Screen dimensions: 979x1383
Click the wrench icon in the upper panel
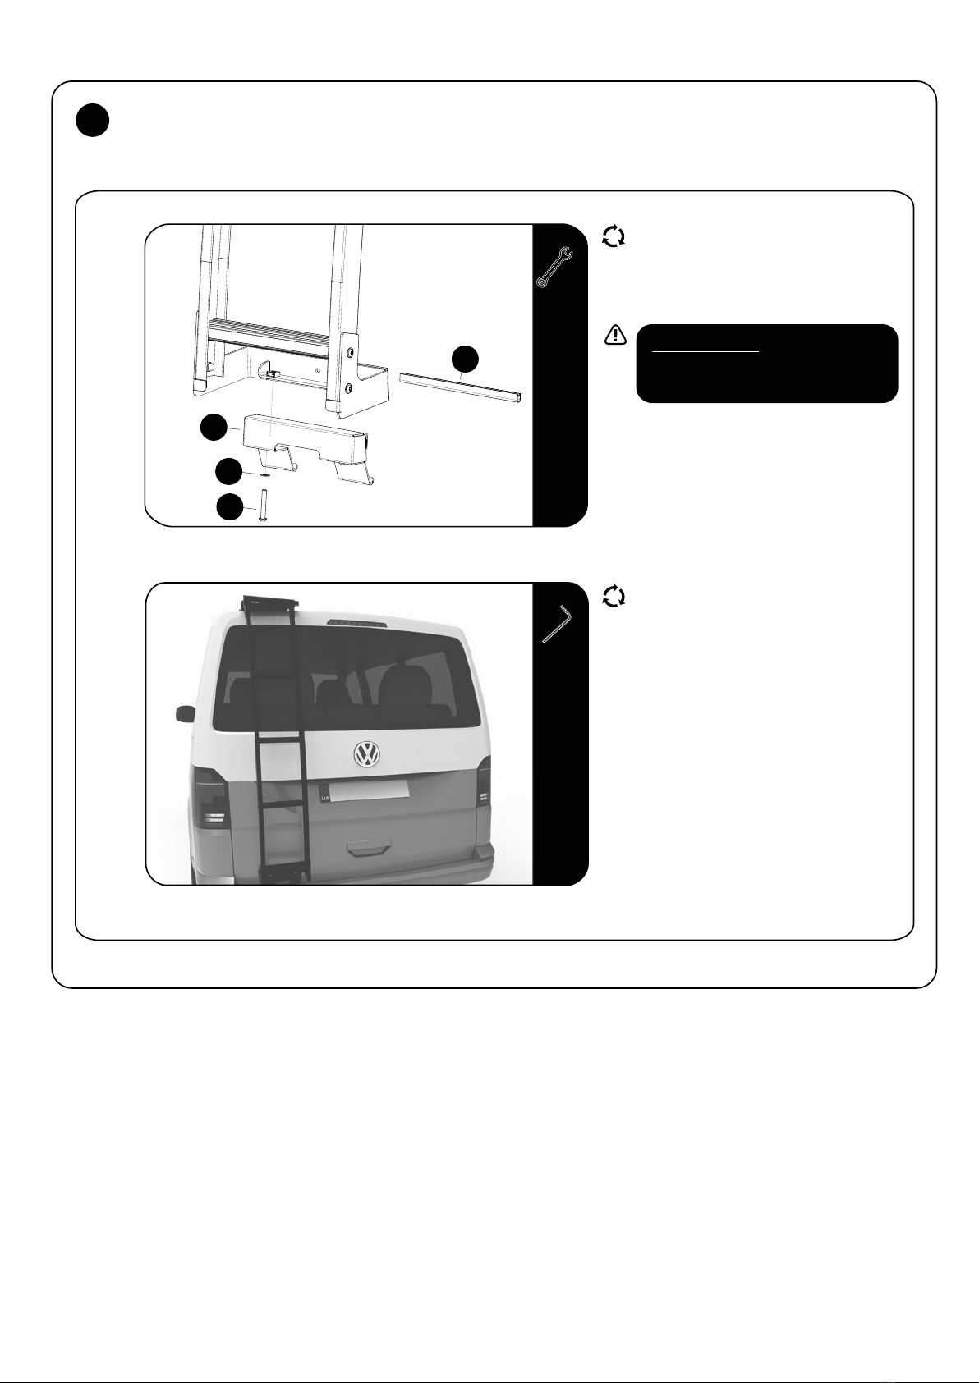(x=554, y=268)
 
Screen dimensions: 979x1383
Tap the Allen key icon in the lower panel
(x=558, y=625)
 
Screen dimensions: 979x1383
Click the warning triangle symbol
(x=615, y=335)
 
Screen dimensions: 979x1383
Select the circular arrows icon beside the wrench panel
(x=614, y=236)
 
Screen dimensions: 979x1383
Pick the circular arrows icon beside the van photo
(x=614, y=597)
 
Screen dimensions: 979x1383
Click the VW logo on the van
(x=367, y=754)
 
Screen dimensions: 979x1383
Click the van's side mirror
(x=186, y=714)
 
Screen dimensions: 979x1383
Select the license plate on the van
(x=365, y=790)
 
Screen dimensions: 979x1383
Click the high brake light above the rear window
(x=358, y=623)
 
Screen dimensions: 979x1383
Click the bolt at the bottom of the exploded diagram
(x=263, y=505)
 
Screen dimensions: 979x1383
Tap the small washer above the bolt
(x=264, y=475)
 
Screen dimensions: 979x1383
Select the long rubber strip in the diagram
(x=460, y=387)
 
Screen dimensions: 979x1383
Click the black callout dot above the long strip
(x=465, y=359)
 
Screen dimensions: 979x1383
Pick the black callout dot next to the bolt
(x=230, y=507)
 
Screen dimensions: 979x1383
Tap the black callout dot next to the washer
(x=228, y=471)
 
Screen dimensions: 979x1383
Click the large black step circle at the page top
(x=93, y=121)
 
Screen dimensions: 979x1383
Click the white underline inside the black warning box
(x=706, y=352)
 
